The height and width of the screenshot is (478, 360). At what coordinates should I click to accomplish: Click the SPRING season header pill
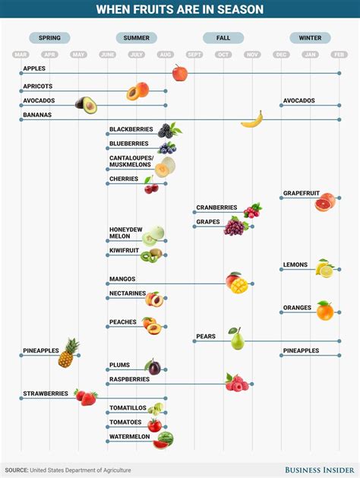pos(49,37)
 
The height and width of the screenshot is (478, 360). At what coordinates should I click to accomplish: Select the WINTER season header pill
pos(310,37)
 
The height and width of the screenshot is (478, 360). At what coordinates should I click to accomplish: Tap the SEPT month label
pos(194,54)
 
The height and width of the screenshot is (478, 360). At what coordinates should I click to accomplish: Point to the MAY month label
pos(78,54)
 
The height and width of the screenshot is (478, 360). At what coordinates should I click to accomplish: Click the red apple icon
pos(180,73)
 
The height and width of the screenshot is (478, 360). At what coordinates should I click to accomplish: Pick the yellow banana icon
pos(252,119)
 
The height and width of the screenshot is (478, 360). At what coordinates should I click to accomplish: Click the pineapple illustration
pos(69,353)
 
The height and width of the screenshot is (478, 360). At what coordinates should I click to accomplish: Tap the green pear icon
pos(237,339)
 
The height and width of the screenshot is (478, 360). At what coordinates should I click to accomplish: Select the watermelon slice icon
pos(163,439)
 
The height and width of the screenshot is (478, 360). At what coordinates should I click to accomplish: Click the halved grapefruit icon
pos(325,201)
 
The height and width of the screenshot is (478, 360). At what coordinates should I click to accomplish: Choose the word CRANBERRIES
pos(216,207)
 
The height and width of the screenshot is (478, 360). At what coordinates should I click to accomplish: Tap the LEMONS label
pos(295,265)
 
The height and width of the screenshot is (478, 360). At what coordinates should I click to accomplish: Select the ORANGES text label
pos(297,308)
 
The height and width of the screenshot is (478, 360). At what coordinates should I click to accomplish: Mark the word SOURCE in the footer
pos(19,470)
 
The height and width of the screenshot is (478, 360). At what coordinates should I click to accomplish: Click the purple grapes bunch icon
pos(235,226)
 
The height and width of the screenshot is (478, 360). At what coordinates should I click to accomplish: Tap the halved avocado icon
pos(86,104)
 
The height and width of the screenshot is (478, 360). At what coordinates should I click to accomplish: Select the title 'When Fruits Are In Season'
pos(180,9)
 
